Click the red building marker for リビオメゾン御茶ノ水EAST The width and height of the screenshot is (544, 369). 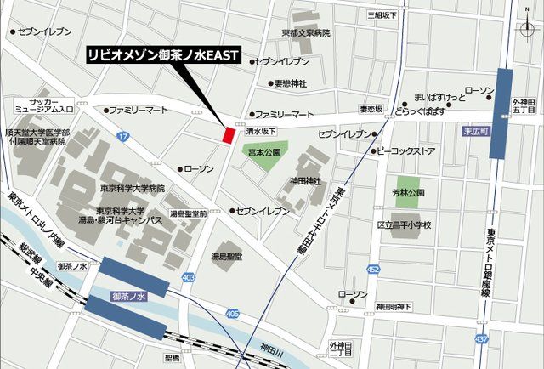pos(228,134)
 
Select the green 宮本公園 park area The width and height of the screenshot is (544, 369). pos(259,155)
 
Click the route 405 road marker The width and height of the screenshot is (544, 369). pos(232,314)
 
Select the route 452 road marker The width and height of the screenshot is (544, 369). pos(373,270)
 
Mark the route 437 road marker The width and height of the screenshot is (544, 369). pos(482,339)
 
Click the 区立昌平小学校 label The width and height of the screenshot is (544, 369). pos(404,225)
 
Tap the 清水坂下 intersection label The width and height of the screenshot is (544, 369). pos(262,132)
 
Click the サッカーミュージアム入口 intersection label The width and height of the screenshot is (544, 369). pos(45,105)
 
